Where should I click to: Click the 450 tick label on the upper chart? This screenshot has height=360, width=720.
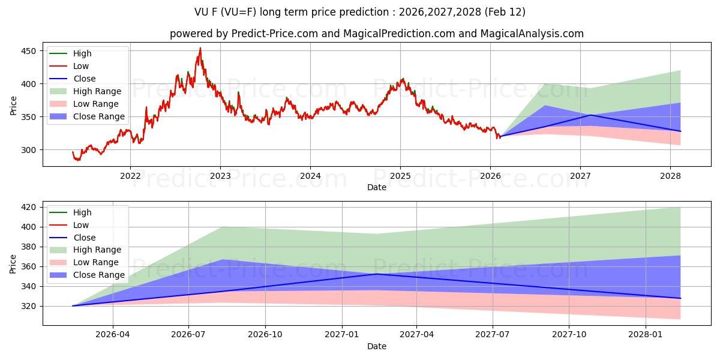[x=29, y=51]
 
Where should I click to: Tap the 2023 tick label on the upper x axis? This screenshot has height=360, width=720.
[x=220, y=176]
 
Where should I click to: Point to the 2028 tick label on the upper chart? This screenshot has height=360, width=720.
[x=670, y=176]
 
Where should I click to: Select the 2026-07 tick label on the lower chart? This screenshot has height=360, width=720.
[x=188, y=335]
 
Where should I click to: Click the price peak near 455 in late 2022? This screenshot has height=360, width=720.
[x=200, y=48]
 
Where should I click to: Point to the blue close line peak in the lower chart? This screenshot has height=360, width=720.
[x=376, y=274]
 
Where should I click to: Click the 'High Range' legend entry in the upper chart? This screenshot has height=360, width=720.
[x=97, y=91]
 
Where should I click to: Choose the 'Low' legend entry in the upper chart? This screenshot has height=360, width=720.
[x=81, y=66]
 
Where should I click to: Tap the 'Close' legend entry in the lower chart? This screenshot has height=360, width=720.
[x=84, y=238]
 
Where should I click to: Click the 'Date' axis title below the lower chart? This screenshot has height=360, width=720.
[x=376, y=346]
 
